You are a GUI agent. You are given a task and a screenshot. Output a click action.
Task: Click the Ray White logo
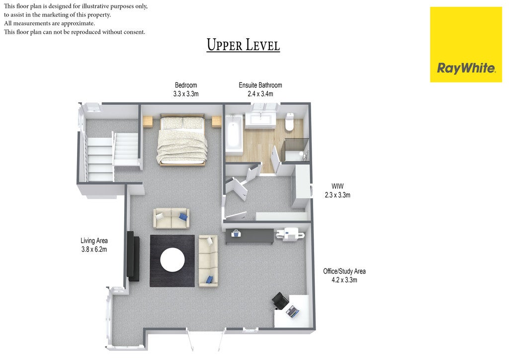tap(466, 44)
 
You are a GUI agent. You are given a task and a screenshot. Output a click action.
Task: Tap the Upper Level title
tap(243, 45)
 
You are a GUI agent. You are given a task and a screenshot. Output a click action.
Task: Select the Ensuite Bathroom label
tap(260, 85)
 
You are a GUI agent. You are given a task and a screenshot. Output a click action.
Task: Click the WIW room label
tap(338, 186)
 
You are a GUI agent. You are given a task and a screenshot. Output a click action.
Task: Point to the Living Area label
tap(94, 241)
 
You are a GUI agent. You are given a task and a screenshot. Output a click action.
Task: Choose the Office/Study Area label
tap(344, 271)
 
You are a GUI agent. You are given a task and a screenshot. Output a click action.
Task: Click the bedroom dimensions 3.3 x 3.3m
tap(186, 94)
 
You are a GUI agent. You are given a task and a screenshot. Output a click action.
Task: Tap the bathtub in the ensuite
tap(234, 134)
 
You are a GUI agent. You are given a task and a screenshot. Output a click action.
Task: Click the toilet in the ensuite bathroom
tap(290, 122)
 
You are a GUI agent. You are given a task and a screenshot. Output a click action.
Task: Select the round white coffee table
tap(172, 260)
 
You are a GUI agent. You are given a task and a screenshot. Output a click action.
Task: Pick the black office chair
tap(280, 301)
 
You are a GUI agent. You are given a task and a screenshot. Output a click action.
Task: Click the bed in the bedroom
tap(182, 140)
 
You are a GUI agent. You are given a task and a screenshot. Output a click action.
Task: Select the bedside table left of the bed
tap(148, 122)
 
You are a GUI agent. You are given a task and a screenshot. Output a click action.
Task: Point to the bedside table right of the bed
tap(217, 122)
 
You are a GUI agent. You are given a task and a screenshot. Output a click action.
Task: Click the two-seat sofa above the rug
tap(171, 218)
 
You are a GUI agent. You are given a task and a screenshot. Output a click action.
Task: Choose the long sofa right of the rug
tap(208, 261)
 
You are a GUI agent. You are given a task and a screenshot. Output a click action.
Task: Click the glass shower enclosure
tap(295, 150)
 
